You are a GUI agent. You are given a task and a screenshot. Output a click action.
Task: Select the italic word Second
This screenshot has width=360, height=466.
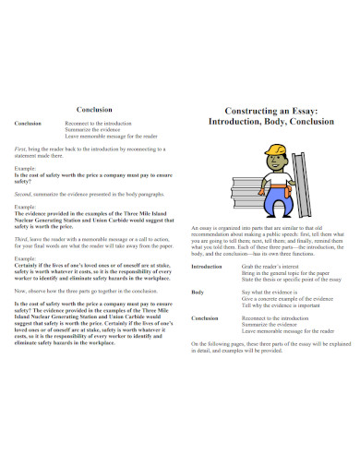point(23,195)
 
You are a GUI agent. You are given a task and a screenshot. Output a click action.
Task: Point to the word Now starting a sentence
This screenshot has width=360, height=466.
point(20,290)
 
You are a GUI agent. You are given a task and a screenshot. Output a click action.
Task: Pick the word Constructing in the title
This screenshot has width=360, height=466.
point(248,109)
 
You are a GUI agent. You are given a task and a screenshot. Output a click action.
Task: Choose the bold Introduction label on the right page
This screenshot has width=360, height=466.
point(207,267)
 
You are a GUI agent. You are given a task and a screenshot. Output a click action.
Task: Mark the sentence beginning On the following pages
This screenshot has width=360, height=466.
point(272,345)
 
